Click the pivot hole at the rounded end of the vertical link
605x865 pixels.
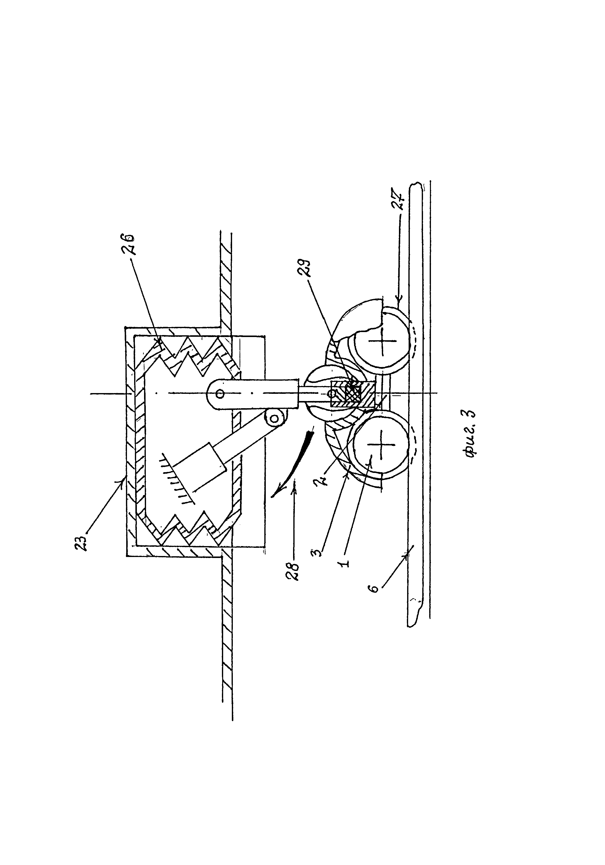[220, 394]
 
